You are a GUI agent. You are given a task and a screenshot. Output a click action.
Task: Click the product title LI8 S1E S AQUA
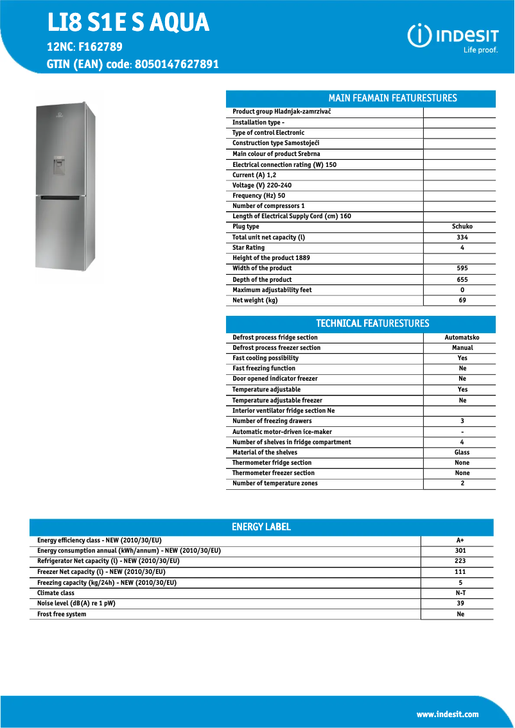coord(128,23)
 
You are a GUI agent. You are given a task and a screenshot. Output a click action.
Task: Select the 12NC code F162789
coord(100,47)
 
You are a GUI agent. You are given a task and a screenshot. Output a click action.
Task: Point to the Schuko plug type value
coord(462,227)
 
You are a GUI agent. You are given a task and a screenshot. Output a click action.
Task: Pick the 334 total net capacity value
coord(462,238)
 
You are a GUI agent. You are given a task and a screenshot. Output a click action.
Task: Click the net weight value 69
coord(462,300)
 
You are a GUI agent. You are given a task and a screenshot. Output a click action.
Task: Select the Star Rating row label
coord(249,248)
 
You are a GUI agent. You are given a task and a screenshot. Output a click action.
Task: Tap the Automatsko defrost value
coord(462,338)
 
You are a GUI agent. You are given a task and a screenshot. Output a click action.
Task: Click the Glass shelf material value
coord(462,453)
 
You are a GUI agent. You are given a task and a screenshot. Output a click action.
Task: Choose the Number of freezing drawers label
coord(272,421)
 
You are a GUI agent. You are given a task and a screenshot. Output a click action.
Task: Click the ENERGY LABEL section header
coord(261,527)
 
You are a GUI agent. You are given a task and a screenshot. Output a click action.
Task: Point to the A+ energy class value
coord(460,541)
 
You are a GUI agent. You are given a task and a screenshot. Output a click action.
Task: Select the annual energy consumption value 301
coord(460,551)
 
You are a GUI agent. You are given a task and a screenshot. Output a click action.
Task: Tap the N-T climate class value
coord(460,593)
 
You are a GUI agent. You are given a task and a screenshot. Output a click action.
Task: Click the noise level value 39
coord(460,603)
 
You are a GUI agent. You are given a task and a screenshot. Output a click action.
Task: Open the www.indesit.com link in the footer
coord(448,715)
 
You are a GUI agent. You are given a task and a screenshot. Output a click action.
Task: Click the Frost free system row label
coord(62,614)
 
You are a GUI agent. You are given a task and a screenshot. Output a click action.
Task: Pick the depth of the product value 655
coord(462,280)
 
